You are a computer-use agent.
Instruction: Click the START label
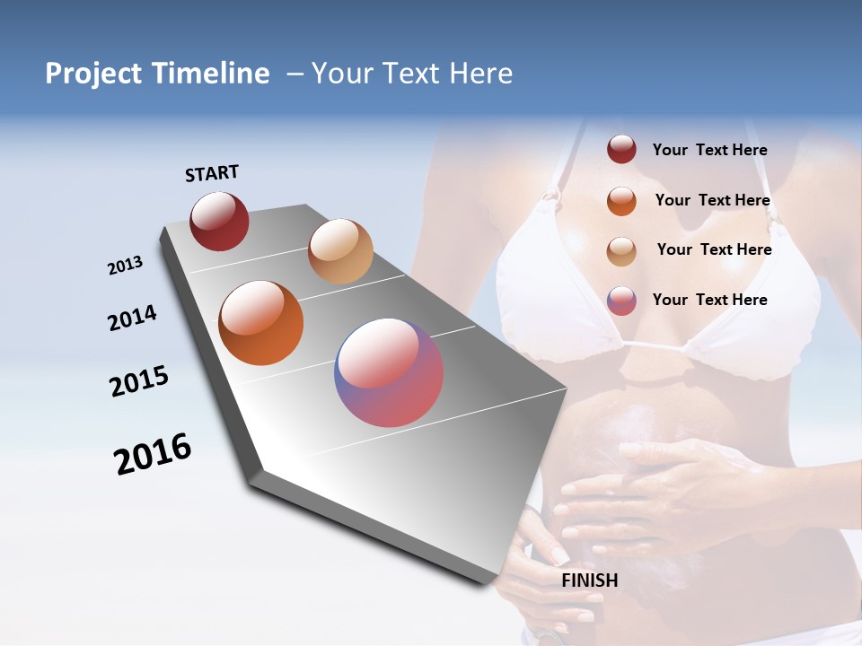212,173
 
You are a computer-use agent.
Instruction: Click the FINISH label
589,581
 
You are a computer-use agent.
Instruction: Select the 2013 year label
125,266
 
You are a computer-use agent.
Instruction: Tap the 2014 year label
132,318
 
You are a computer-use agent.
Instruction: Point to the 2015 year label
139,381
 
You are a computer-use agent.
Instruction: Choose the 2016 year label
153,454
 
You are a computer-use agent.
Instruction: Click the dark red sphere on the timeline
219,221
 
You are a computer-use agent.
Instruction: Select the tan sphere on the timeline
340,251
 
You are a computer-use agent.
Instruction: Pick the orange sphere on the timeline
260,323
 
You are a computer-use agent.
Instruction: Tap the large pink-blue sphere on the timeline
389,372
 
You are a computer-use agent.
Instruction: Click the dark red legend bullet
621,150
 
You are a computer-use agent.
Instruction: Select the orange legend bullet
621,200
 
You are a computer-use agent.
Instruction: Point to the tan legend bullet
621,250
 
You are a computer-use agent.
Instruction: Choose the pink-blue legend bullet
621,300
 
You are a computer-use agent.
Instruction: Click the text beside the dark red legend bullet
709,150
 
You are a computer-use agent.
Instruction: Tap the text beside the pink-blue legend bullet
709,300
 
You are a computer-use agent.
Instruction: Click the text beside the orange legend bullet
712,200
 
